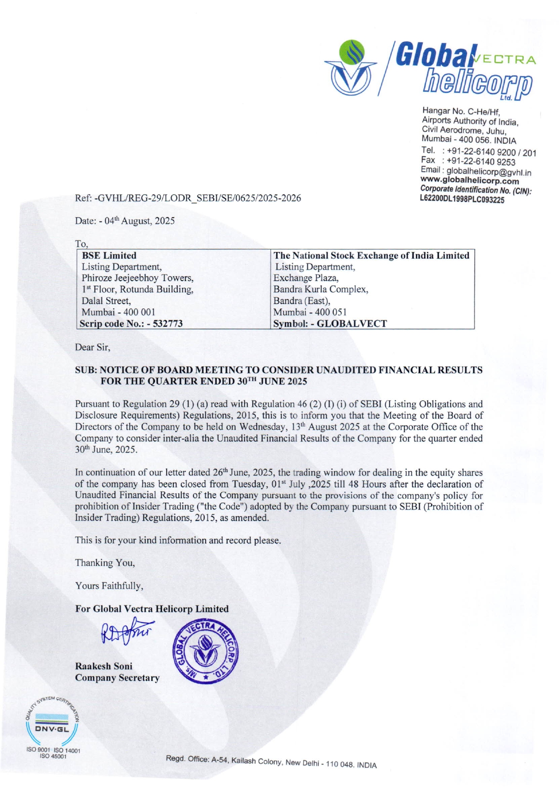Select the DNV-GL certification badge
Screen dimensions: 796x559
tap(52, 723)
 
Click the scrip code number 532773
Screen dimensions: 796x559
tap(168, 324)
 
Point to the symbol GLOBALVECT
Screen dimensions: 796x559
tap(352, 324)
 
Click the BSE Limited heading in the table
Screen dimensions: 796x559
tap(109, 256)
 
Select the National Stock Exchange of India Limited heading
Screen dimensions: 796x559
tap(371, 256)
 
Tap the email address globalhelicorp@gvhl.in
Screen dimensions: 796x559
tap(489, 172)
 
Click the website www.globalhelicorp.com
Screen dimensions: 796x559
tap(469, 181)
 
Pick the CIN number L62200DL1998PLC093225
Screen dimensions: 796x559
tap(462, 200)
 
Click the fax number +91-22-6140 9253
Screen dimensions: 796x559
tap(481, 162)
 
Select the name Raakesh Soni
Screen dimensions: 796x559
tap(104, 666)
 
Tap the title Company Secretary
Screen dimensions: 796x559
tap(117, 678)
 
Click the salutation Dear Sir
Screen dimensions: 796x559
tap(92, 347)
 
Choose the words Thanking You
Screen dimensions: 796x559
tap(105, 563)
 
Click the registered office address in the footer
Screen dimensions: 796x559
tap(271, 762)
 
